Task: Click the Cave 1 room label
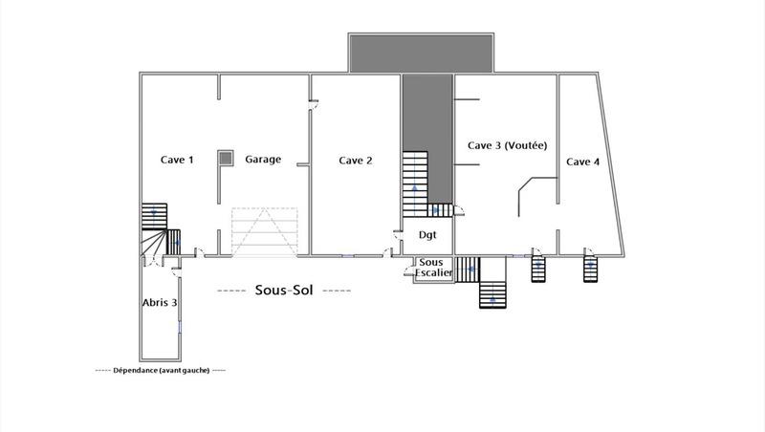click(177, 161)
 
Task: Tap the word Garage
click(263, 160)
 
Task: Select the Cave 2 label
click(356, 161)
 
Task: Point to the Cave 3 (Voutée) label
click(507, 145)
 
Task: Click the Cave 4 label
click(583, 162)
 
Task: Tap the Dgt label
click(427, 234)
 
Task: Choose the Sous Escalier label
click(433, 268)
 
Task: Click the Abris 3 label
click(160, 302)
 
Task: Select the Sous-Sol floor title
click(284, 290)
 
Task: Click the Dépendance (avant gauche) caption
click(161, 370)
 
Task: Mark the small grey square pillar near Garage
click(225, 158)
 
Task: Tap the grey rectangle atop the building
click(422, 53)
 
